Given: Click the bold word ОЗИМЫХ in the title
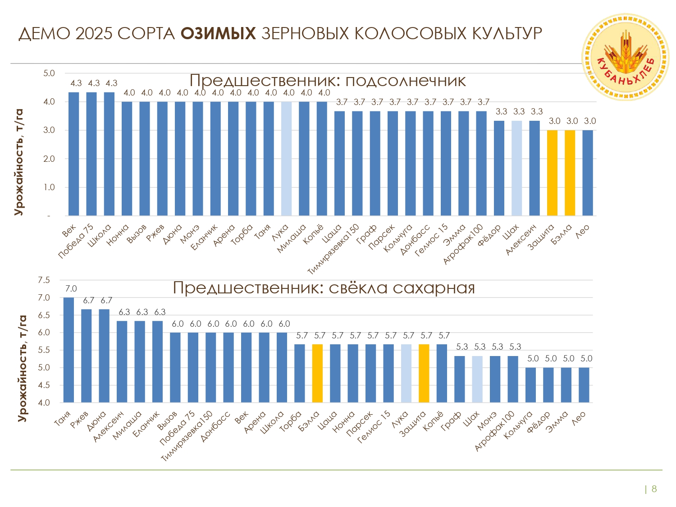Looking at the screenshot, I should coord(218,33).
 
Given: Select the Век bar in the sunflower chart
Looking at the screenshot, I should coord(74,154).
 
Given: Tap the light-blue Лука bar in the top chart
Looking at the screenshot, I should coord(287,159).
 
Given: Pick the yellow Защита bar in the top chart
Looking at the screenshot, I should coord(553,173).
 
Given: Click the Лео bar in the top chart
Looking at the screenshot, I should coord(588,173).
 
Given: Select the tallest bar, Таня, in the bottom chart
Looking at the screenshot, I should coord(69,350).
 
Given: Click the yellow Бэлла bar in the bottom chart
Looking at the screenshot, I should coord(317,373).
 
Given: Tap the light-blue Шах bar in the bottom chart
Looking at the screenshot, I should coord(477,379).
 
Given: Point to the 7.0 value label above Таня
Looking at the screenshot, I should coord(71,289).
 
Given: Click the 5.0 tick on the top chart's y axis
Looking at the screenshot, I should coord(49,73).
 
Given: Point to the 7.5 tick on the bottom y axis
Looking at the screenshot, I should coord(44,280).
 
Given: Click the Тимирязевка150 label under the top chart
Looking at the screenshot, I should coord(333,249).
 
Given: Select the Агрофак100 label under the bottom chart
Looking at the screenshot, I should coord(494,431).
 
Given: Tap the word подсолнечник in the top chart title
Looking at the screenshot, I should coord(405,81).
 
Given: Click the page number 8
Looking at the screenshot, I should coord(654,489).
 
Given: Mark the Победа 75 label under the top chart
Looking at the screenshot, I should coord(76,242).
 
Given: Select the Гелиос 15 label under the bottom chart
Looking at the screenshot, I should coord(374,427).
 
